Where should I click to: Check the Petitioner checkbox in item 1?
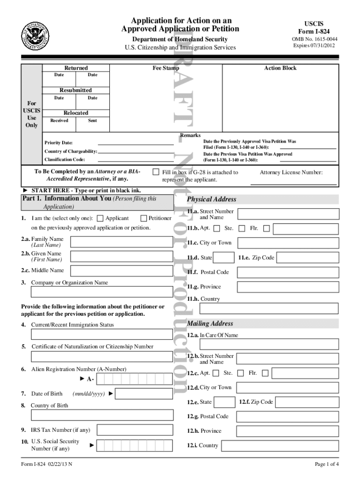click(x=143, y=218)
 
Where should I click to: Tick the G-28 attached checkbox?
click(x=156, y=173)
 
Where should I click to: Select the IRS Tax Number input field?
click(x=135, y=430)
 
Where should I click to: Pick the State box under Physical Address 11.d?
click(x=225, y=258)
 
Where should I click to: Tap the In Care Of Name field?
click(x=269, y=344)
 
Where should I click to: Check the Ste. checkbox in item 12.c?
click(x=240, y=373)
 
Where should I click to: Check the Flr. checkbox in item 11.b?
click(x=266, y=229)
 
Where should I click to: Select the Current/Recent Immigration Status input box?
click(x=101, y=334)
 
